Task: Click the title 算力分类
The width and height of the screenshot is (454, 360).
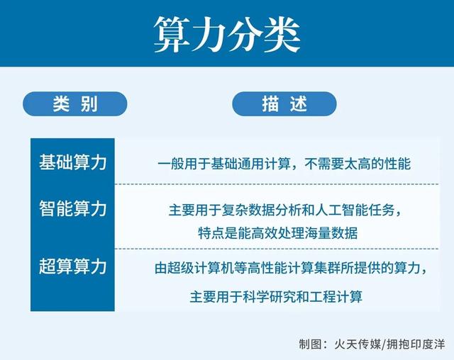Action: pos(227,33)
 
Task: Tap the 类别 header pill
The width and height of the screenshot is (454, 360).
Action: pos(74,103)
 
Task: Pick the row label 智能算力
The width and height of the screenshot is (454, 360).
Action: pos(72,208)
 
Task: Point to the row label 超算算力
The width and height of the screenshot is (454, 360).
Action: pos(72,266)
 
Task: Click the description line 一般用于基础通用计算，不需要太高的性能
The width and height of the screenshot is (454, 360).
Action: pos(284,163)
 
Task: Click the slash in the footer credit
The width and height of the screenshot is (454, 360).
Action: pos(384,344)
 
